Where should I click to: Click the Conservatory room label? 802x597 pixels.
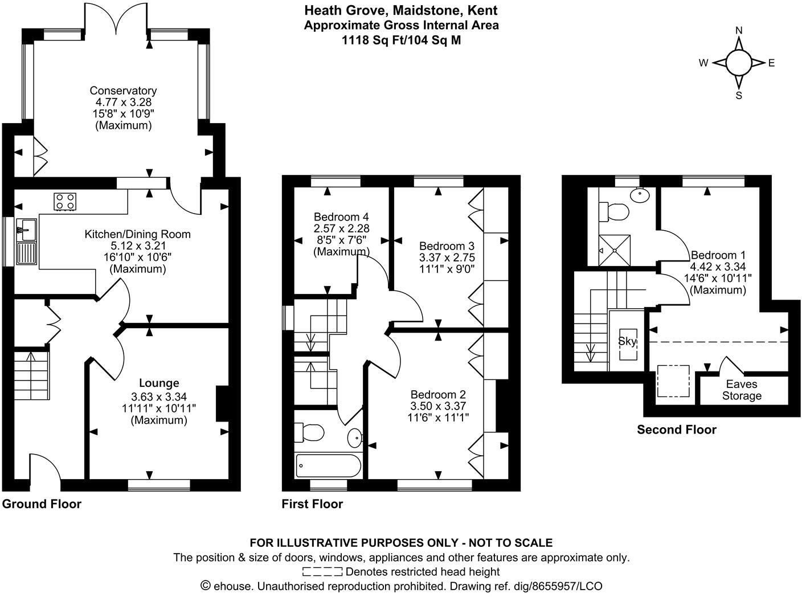pyautogui.click(x=123, y=91)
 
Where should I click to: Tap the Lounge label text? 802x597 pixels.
pyautogui.click(x=159, y=383)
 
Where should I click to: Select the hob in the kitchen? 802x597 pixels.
pyautogui.click(x=65, y=202)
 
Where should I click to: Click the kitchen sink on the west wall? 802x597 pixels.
pyautogui.click(x=26, y=243)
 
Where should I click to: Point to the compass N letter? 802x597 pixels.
pyautogui.click(x=739, y=31)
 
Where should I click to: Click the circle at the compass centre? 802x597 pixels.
pyautogui.click(x=739, y=63)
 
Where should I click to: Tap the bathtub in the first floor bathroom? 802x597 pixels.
pyautogui.click(x=328, y=466)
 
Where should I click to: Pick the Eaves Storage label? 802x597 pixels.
pyautogui.click(x=742, y=390)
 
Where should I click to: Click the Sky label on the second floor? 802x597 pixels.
pyautogui.click(x=627, y=342)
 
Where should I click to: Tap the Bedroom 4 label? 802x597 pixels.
pyautogui.click(x=341, y=217)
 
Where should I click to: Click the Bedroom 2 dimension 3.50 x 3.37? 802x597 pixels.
pyautogui.click(x=438, y=406)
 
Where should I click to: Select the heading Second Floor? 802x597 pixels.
pyautogui.click(x=676, y=430)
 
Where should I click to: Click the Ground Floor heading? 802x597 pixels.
pyautogui.click(x=42, y=504)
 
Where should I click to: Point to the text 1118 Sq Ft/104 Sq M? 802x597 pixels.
pyautogui.click(x=401, y=40)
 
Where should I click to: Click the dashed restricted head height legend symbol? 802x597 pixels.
pyautogui.click(x=322, y=571)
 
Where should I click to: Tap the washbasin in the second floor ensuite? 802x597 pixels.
pyautogui.click(x=640, y=195)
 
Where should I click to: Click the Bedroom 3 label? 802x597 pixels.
pyautogui.click(x=447, y=246)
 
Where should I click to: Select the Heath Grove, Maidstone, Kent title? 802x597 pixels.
pyautogui.click(x=401, y=10)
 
